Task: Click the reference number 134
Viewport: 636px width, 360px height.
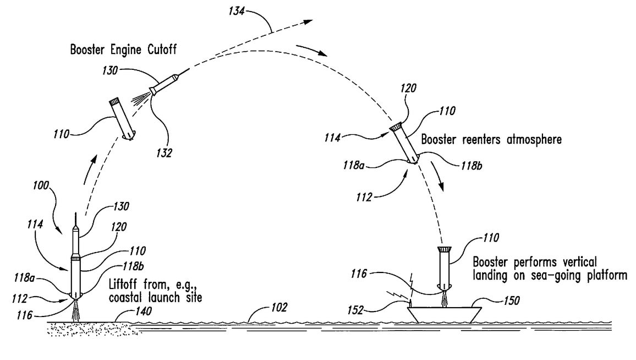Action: coord(237,11)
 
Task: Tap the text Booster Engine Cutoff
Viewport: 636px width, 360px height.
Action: coord(123,50)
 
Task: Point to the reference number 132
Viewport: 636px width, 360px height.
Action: coord(165,153)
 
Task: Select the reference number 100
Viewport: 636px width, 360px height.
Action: coord(41,186)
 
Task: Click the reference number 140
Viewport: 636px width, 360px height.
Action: coord(143,312)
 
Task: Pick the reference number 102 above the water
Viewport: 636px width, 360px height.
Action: coord(279,307)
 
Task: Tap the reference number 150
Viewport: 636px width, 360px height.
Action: coord(512,301)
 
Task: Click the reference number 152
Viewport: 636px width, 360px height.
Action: coord(355,310)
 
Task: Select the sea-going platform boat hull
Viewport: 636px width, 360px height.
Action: coord(445,315)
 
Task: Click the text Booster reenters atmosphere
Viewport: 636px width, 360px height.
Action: coord(491,140)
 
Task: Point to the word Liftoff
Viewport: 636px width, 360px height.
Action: coord(123,284)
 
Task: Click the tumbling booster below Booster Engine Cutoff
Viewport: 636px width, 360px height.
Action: coord(122,119)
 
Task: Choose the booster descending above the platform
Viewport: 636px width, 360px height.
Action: coord(445,268)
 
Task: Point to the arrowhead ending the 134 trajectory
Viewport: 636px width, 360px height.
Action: coord(309,21)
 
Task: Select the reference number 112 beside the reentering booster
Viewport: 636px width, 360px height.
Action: coord(364,197)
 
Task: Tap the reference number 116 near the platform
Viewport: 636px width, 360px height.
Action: coord(359,274)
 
